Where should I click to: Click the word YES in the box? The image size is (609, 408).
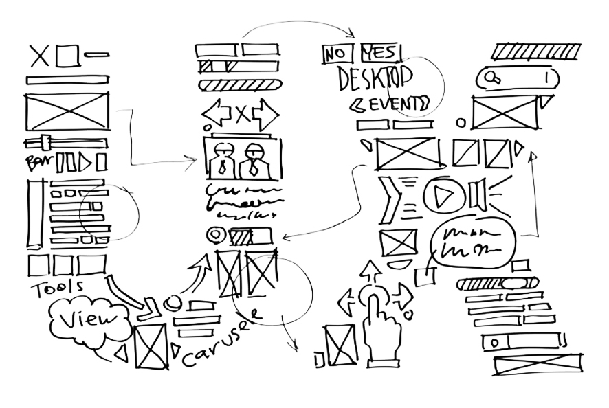click(x=381, y=52)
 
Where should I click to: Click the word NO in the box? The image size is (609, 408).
click(x=336, y=54)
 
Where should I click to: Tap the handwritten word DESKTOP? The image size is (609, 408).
click(x=375, y=78)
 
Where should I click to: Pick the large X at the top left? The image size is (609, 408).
click(x=40, y=56)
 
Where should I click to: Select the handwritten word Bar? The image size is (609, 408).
click(x=36, y=163)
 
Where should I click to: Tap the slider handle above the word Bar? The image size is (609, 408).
click(x=45, y=143)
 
